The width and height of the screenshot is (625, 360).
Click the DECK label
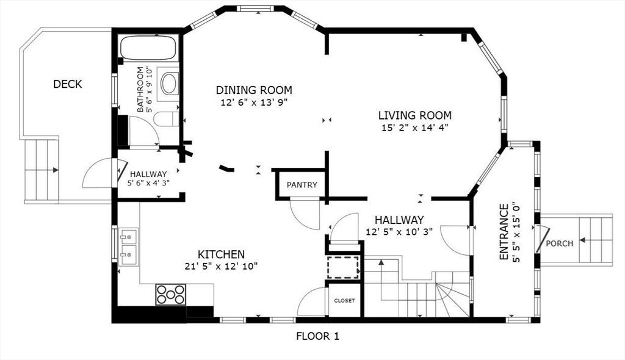click(x=68, y=84)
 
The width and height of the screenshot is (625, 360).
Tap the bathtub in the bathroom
click(x=148, y=48)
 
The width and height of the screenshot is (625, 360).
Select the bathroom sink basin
click(x=170, y=84)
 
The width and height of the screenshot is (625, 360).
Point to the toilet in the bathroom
click(x=167, y=119)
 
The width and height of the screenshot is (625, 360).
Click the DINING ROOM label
click(x=254, y=90)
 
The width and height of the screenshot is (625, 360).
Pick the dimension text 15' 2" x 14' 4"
click(x=414, y=128)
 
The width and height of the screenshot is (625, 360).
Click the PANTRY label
click(x=302, y=185)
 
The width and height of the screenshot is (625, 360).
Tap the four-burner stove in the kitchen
click(x=171, y=295)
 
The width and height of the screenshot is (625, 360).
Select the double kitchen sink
click(x=128, y=247)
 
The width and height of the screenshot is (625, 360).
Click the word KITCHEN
click(x=221, y=254)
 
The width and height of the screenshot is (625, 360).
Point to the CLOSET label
click(x=344, y=301)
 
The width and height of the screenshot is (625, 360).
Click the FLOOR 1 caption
click(x=317, y=336)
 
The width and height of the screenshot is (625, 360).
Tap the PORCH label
click(x=560, y=243)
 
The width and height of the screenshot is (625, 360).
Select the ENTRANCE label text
click(x=504, y=232)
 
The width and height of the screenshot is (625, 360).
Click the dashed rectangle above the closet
click(x=343, y=267)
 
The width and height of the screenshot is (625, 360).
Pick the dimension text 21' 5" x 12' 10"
click(x=221, y=266)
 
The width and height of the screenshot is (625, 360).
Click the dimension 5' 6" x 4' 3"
click(x=148, y=184)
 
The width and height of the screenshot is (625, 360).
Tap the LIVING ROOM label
click(x=415, y=115)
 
